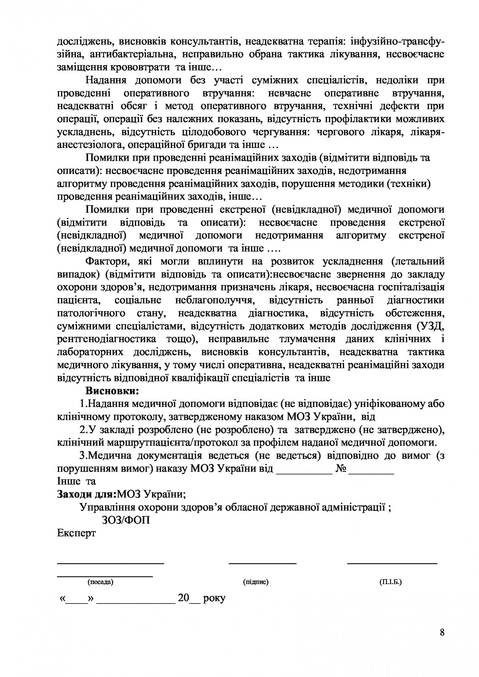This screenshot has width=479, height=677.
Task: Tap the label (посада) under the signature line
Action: pyautogui.click(x=101, y=582)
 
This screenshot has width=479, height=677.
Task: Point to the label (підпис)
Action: pyautogui.click(x=255, y=582)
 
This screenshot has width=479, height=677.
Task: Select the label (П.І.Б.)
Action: pyautogui.click(x=390, y=582)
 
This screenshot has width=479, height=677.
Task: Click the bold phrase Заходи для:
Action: pyautogui.click(x=87, y=494)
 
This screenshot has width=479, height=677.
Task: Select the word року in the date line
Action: pyautogui.click(x=214, y=598)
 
